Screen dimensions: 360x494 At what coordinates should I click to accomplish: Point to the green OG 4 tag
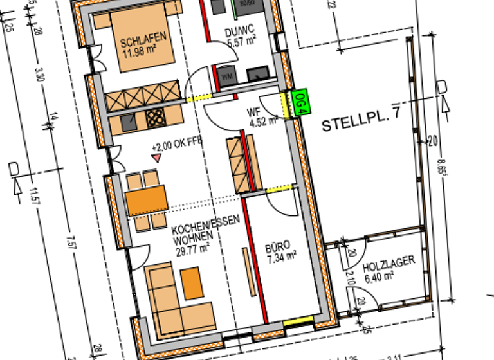tap(299, 104)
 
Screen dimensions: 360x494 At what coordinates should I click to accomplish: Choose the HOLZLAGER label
tap(388, 262)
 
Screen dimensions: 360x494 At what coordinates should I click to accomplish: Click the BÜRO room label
tap(278, 245)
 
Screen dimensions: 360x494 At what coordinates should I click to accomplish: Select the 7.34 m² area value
tap(280, 255)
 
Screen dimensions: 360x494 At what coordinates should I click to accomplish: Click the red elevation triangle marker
tap(156, 157)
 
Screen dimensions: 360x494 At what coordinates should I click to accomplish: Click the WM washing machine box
tap(227, 75)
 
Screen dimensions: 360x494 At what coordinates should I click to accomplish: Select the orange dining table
tap(147, 201)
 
